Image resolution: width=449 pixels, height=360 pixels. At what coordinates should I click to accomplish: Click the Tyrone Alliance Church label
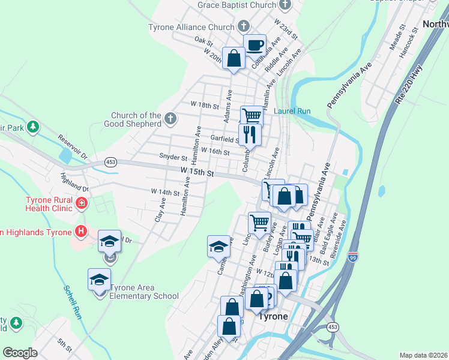point(191,27)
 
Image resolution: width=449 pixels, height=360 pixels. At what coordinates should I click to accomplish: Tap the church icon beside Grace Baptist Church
point(285,5)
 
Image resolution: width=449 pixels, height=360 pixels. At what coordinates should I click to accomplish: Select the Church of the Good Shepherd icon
point(170,118)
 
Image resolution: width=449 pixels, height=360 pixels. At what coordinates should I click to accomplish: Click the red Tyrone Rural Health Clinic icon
point(80,205)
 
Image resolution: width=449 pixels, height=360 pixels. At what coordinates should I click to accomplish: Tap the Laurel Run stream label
point(292,111)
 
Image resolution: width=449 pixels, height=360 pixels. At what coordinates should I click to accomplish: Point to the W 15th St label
point(197,172)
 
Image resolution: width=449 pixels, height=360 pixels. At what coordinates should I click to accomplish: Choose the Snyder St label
point(173,156)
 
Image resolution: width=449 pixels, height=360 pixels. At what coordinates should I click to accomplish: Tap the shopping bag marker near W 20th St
point(234,58)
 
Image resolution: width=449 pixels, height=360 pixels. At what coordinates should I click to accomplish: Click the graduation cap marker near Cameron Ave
point(218,245)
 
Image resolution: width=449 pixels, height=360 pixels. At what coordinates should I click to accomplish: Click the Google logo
point(20,353)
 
